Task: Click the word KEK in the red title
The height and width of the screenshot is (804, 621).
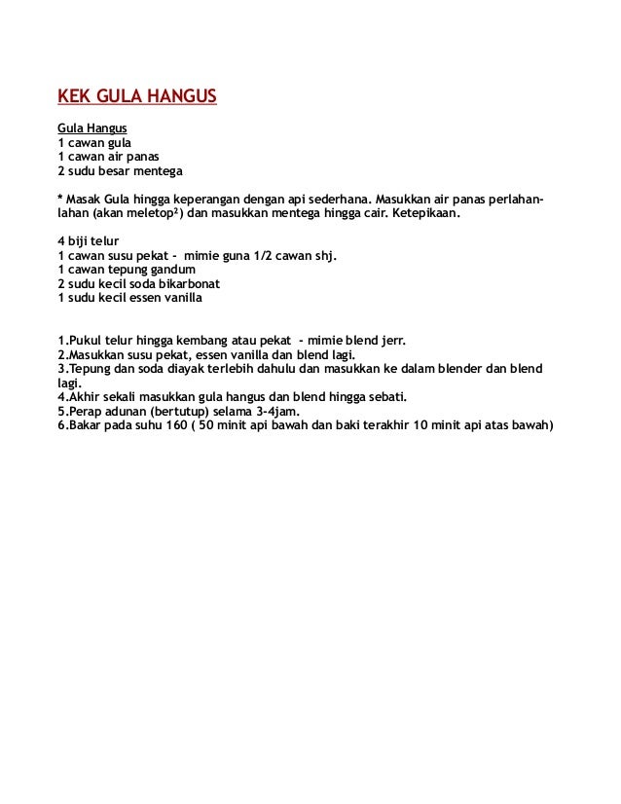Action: point(76,98)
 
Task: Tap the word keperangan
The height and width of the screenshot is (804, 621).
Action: point(207,198)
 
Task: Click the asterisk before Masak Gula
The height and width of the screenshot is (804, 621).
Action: point(60,198)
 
